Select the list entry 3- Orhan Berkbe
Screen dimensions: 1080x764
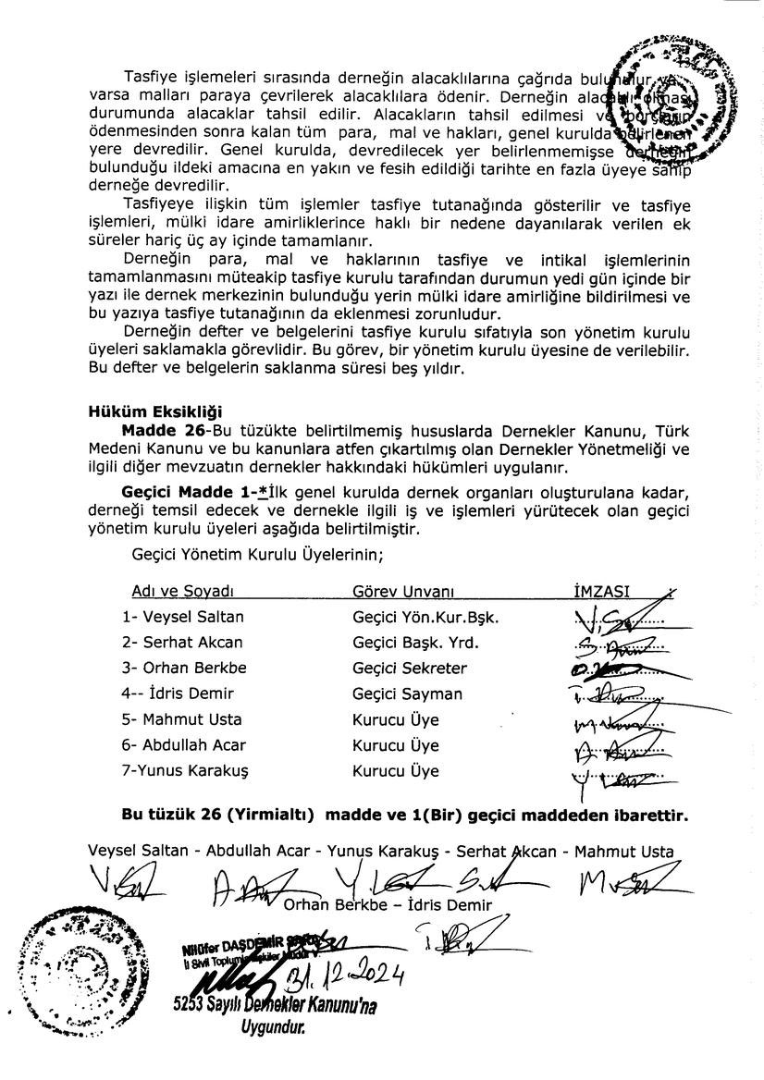[x=177, y=668]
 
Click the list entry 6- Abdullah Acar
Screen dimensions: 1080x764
[x=180, y=745]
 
